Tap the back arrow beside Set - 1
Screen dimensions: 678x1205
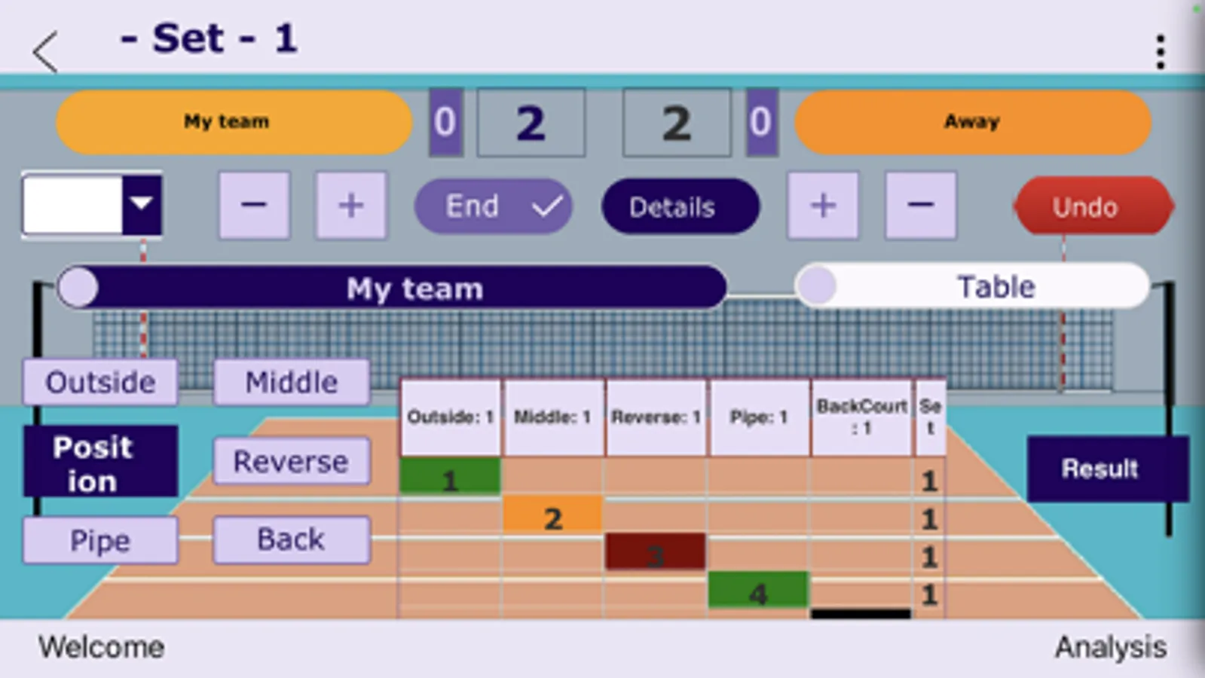(45, 51)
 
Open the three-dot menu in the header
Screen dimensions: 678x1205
(1161, 51)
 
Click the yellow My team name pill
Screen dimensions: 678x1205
(234, 122)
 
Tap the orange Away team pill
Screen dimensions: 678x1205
(972, 122)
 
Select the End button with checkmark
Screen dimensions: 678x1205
(493, 206)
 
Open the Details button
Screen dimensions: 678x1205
(680, 206)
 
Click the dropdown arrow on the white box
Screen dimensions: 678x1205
(142, 204)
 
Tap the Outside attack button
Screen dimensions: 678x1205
(100, 382)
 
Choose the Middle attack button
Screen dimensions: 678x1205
(292, 382)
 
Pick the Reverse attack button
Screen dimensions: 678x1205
(292, 461)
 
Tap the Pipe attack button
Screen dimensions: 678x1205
(100, 540)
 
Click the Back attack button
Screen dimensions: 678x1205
(292, 539)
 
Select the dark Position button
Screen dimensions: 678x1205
(100, 462)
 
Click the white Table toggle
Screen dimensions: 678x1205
(972, 286)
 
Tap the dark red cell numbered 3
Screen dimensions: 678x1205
(655, 552)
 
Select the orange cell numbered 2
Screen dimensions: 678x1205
(552, 515)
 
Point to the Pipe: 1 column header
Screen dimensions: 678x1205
(759, 417)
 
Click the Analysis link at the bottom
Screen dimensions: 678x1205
(1110, 647)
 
